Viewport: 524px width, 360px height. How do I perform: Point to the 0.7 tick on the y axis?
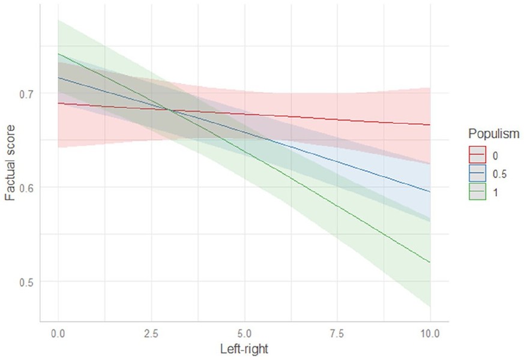[27, 94]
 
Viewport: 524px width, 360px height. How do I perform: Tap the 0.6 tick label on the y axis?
[27, 188]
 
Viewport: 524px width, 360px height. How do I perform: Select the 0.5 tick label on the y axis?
[27, 282]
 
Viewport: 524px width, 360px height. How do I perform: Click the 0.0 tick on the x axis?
[58, 332]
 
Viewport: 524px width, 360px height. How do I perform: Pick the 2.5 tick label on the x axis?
[151, 332]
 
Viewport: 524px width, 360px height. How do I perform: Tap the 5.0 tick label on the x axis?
[244, 332]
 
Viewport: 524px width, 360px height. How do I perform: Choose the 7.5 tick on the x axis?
[337, 332]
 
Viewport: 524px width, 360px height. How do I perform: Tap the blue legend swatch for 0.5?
[478, 173]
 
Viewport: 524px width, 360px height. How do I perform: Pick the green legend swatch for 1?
[478, 193]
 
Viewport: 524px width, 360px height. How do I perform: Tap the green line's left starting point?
[58, 54]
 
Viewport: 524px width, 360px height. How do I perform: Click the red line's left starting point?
[58, 103]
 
